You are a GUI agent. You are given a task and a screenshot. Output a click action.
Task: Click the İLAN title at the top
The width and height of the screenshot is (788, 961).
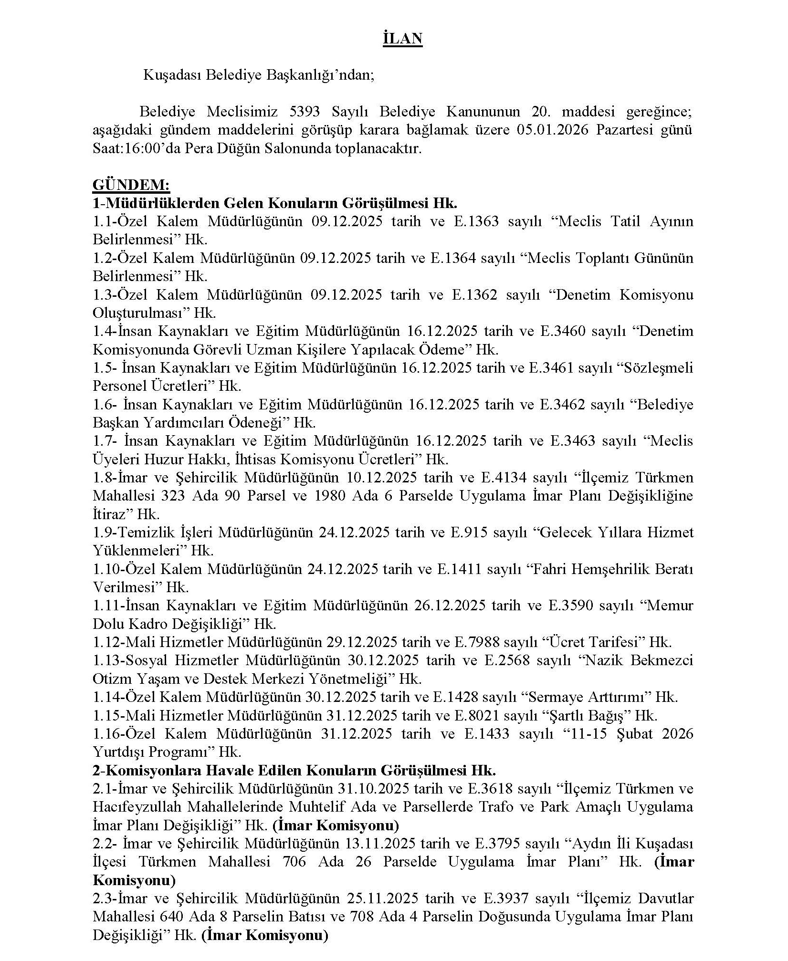click(x=402, y=39)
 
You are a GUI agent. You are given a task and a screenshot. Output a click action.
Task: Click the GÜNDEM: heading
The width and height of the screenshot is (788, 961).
click(x=131, y=185)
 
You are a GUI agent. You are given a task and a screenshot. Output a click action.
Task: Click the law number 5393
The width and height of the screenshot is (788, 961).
click(x=305, y=112)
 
